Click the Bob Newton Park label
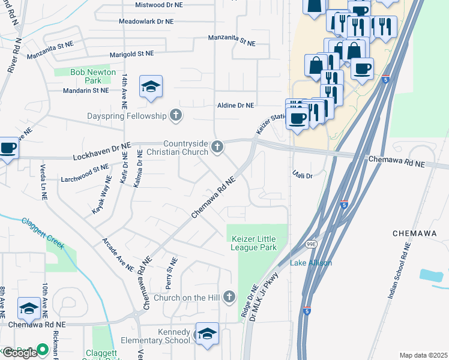(85, 76)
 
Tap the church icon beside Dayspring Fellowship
(175, 115)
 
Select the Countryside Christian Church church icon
(217, 146)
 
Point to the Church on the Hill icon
(228, 296)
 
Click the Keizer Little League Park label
(254, 242)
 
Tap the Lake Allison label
(311, 263)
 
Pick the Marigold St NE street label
(131, 53)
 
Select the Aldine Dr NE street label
(235, 105)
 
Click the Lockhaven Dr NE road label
(101, 151)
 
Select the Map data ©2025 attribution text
(423, 355)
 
